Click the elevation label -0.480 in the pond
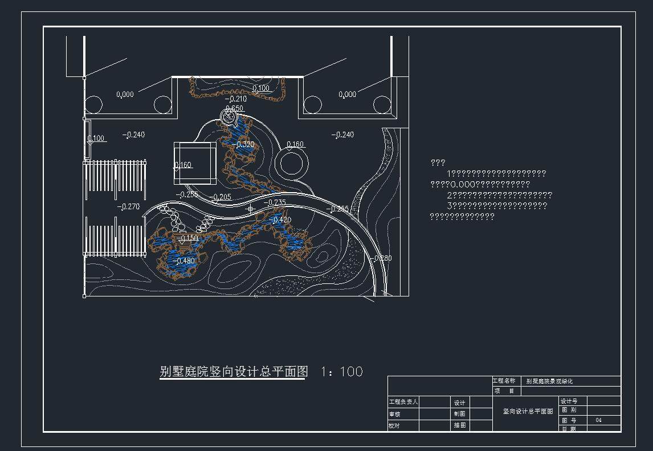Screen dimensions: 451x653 [185, 261]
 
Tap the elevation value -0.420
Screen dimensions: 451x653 [281, 220]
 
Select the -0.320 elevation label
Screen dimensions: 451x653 [244, 144]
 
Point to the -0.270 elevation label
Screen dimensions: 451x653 [128, 206]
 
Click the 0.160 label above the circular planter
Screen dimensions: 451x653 [295, 144]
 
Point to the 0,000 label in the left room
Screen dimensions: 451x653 [125, 95]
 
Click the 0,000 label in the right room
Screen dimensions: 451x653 [347, 95]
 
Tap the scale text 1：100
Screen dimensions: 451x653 [342, 372]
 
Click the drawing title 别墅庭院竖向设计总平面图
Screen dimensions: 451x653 [234, 372]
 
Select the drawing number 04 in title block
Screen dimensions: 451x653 [598, 420]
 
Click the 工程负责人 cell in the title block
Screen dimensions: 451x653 [403, 402]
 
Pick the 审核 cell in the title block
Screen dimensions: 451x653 [395, 415]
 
